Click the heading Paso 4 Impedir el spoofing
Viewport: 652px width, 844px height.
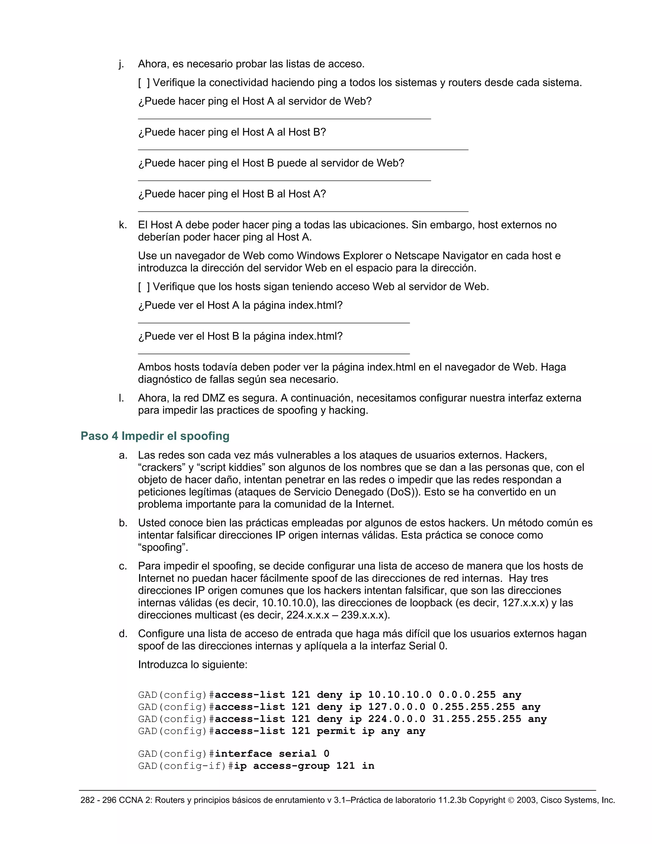[155, 436]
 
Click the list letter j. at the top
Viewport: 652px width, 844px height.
[121, 64]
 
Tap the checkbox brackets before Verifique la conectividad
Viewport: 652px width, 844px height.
[144, 83]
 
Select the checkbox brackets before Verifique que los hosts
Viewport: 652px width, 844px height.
[144, 287]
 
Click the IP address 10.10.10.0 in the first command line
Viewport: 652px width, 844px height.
[400, 695]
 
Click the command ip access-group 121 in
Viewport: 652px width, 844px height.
[304, 766]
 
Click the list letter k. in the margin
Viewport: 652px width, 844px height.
[123, 225]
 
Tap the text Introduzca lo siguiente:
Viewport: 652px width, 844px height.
[192, 665]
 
